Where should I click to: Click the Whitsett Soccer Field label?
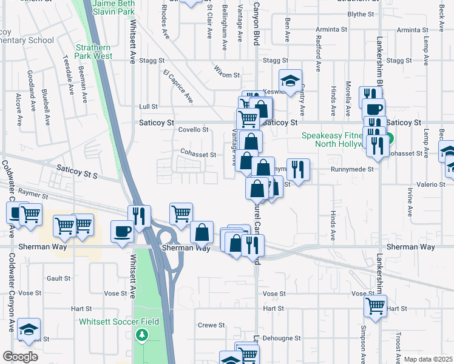[x=118, y=322]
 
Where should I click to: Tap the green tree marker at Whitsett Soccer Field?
[x=141, y=334]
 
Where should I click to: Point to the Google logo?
[x=20, y=357]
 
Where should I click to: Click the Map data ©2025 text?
[x=427, y=359]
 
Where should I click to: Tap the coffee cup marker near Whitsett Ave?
[x=122, y=231]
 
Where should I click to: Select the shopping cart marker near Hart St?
[x=376, y=306]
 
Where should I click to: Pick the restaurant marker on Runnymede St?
[x=298, y=169]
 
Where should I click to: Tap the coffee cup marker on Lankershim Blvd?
[x=373, y=110]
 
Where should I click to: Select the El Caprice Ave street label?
[x=178, y=86]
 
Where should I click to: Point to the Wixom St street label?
[x=227, y=72]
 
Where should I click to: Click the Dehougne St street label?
[x=285, y=338]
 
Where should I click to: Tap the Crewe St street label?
[x=211, y=325]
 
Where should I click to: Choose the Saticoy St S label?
[x=77, y=170]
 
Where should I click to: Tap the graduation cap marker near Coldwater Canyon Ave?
[x=29, y=329]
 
